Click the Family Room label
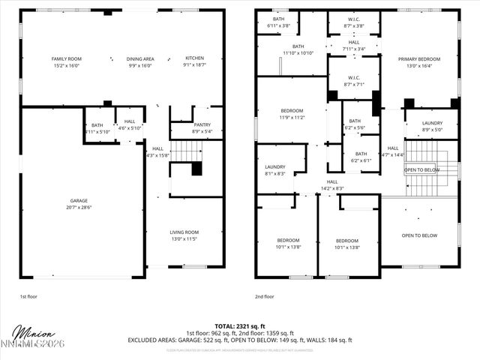(67, 58)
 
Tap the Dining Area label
(139, 58)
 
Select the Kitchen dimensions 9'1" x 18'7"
(194, 66)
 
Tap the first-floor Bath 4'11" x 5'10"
(97, 128)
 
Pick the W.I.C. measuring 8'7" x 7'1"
(354, 81)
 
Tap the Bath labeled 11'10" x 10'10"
(298, 49)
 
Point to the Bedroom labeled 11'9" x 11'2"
(292, 113)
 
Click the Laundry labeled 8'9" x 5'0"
(431, 126)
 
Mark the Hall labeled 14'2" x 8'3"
(331, 184)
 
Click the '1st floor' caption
(28, 296)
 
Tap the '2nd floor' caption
(264, 296)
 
